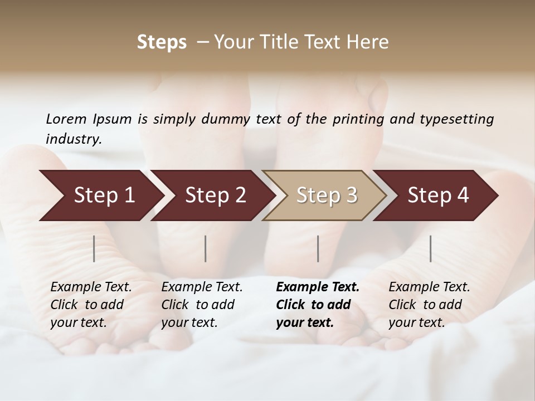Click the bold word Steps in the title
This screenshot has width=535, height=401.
pos(162,42)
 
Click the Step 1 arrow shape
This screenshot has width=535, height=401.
pos(100,195)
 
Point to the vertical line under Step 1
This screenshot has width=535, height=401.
pos(94,248)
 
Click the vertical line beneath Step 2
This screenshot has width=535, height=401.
pos(206,248)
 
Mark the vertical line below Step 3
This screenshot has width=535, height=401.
pos(318,248)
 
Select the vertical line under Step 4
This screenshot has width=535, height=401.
pos(431,248)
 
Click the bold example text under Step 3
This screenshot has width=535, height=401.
pos(318,305)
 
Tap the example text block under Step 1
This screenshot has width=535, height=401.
pos(91,305)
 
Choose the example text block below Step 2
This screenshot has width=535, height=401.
pos(202,305)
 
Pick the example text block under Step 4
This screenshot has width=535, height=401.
pos(429,305)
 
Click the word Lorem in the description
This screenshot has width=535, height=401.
pos(66,119)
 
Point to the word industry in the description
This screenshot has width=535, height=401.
pos(73,139)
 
